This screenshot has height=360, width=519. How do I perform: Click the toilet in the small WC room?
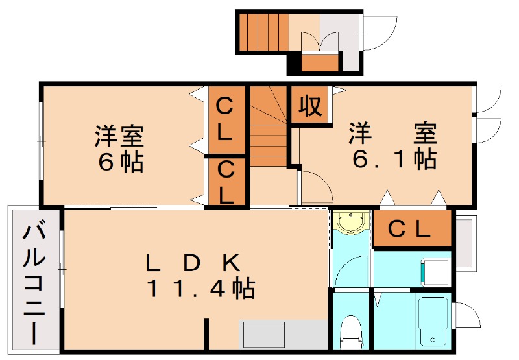pos(351,329)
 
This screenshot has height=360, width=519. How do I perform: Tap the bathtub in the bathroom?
pos(433,322)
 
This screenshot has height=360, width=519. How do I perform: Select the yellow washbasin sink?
pos(352,222)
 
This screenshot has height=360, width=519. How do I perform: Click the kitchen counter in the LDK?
pos(284,334)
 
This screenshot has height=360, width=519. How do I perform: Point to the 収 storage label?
pos(310,104)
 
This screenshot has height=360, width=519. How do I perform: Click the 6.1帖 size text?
pos(394,158)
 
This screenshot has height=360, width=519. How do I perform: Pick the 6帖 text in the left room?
pos(120,162)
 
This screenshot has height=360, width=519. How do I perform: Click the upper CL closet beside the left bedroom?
pos(226,119)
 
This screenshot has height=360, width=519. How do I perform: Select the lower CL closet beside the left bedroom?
pos(226,182)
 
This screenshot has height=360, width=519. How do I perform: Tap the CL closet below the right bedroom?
pos(411,228)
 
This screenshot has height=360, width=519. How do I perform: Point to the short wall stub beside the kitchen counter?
pos(207,335)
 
